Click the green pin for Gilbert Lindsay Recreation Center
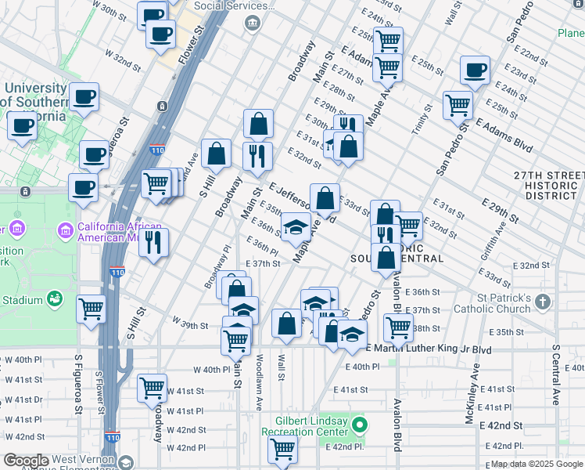360,427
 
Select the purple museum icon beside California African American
66,230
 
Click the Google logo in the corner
26,461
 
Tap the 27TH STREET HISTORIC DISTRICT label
549,186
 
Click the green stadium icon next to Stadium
54,298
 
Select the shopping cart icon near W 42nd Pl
282,450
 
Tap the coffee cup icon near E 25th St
475,70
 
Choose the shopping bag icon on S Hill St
216,154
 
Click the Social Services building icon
253,23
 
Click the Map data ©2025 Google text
537,464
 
